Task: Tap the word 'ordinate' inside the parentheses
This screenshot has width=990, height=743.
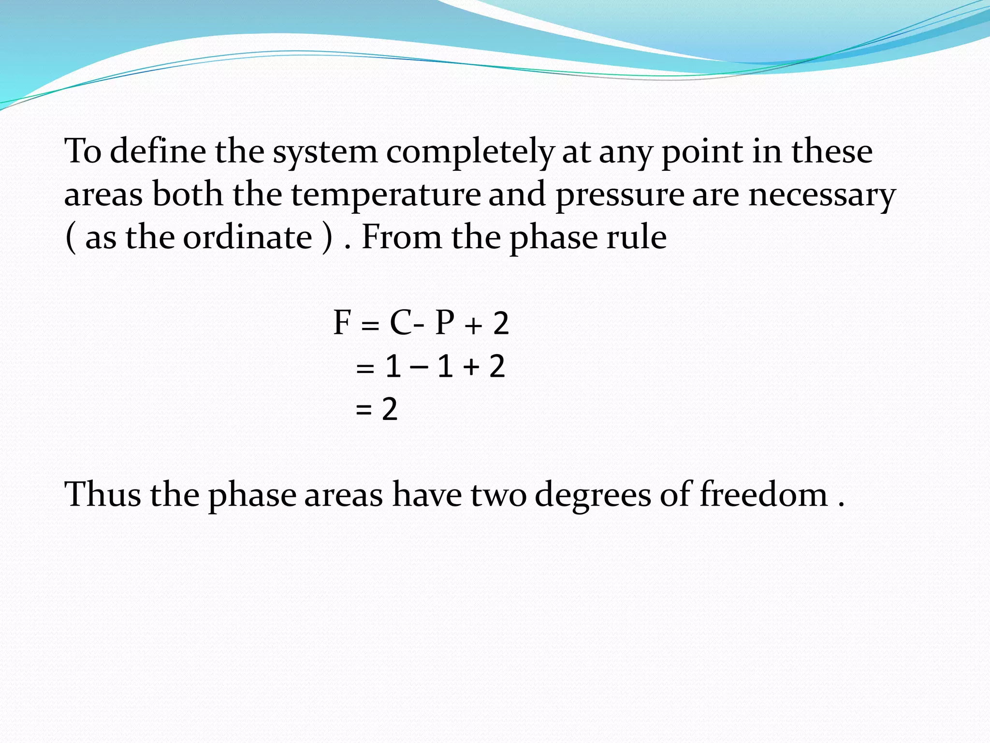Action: [x=247, y=237]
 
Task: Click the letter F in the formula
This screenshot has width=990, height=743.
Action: [x=341, y=323]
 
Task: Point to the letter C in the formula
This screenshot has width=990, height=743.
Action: [x=401, y=323]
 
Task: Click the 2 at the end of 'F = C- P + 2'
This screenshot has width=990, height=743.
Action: [x=501, y=324]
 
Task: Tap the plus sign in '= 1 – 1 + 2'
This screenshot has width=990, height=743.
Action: [x=471, y=367]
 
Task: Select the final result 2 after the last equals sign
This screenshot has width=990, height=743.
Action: [x=390, y=409]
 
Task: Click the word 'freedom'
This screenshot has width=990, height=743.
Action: [x=764, y=494]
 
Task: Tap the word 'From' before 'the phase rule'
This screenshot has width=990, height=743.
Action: [x=402, y=237]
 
